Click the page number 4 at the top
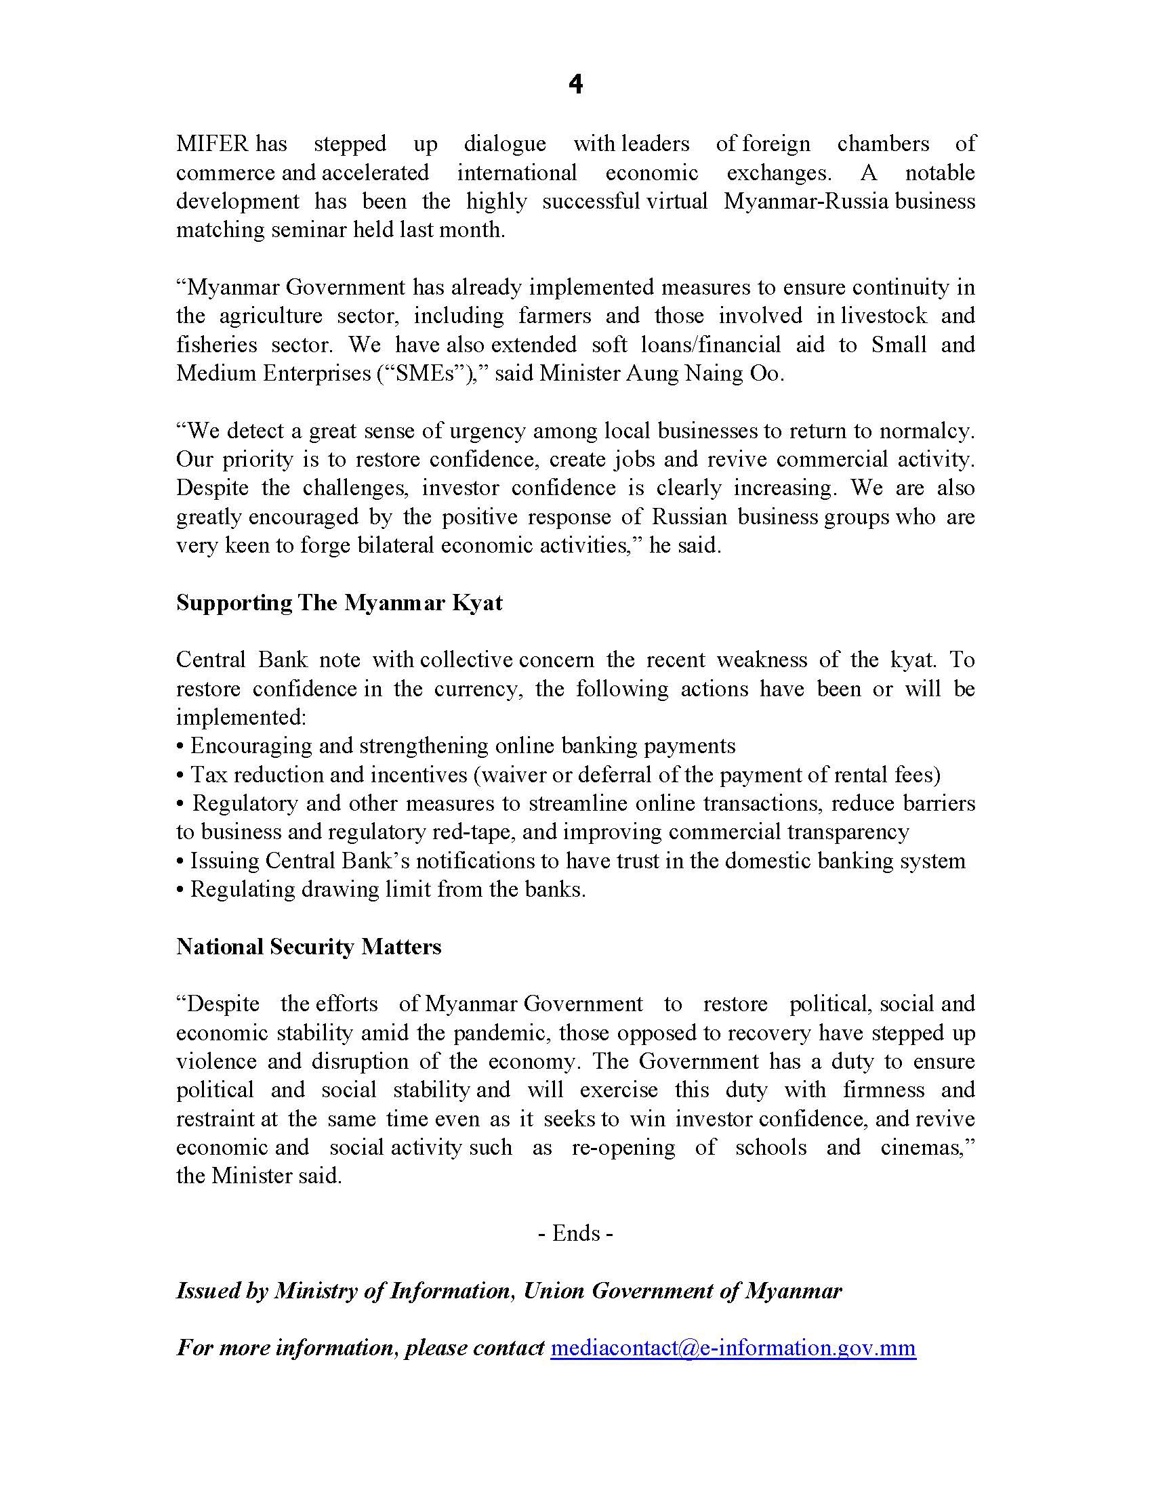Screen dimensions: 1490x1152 (575, 85)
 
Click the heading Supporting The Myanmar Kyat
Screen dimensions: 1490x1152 (340, 603)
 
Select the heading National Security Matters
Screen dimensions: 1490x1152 (308, 947)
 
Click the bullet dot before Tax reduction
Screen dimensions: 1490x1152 (180, 775)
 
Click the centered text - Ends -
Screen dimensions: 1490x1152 (575, 1233)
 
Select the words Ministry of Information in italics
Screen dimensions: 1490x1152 (392, 1291)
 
